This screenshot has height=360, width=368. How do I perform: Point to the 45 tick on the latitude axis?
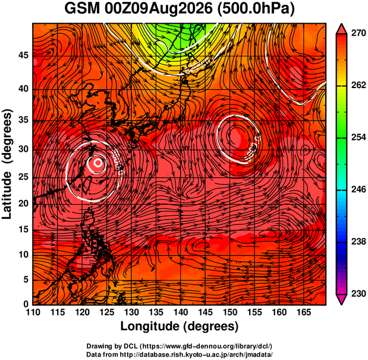(23, 55)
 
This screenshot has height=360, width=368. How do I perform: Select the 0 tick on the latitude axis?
(26, 304)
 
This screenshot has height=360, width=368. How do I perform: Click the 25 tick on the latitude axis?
(23, 177)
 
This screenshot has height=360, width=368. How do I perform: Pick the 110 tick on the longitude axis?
(33, 312)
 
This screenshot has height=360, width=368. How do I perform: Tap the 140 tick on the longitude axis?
(181, 312)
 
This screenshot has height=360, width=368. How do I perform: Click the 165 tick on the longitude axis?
(304, 312)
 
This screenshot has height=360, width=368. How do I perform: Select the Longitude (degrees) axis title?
(180, 326)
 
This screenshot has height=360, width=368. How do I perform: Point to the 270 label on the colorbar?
(358, 33)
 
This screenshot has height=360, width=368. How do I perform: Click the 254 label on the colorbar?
(358, 137)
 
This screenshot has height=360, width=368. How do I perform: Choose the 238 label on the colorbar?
(358, 242)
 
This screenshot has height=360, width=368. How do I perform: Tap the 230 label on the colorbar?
(358, 293)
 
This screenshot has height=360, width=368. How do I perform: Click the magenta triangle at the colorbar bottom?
(341, 298)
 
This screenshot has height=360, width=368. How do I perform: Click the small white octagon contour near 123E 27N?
(98, 162)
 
